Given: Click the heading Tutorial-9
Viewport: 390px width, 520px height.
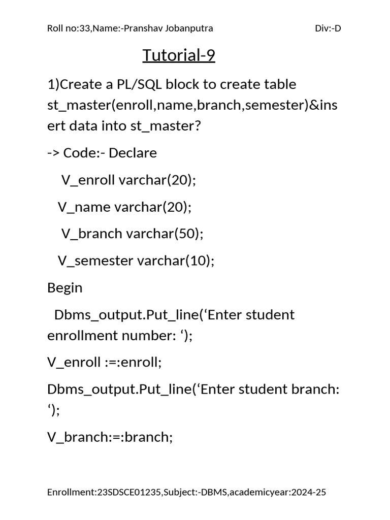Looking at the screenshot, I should coord(179,55).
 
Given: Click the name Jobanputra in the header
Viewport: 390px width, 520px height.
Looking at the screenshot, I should coord(189,28).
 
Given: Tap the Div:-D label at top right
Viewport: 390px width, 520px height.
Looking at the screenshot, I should coord(328,28).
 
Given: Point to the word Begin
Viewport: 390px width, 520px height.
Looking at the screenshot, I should coord(64,287).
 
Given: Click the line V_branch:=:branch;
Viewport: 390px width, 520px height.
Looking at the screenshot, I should coord(110,437).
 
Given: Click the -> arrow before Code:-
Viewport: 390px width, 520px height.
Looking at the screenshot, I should coord(53,153).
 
